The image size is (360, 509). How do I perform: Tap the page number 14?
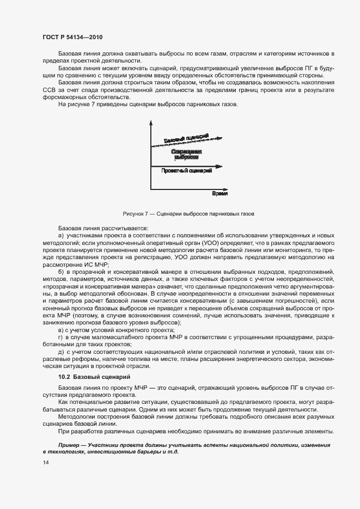coord(46,462)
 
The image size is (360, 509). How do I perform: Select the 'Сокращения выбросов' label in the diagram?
coord(186,154)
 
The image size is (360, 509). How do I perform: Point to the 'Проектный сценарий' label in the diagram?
coord(186,171)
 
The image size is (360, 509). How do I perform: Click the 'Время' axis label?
coord(219,194)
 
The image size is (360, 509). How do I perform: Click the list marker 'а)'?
coord(61,235)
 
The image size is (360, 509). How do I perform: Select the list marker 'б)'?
coord(61,271)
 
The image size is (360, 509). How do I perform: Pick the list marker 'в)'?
coord(61,330)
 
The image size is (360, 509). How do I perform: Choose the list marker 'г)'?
coord(61,338)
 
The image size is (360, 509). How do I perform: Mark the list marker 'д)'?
coord(61,352)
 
